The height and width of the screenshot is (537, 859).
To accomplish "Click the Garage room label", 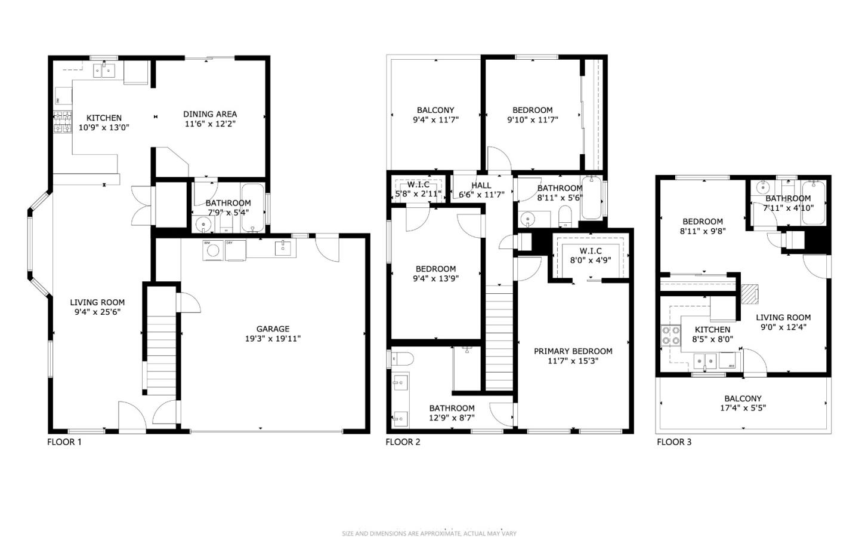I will click(273, 329).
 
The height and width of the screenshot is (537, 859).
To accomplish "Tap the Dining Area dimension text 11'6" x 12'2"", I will click(209, 124).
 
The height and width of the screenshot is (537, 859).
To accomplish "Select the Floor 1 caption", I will click(64, 442).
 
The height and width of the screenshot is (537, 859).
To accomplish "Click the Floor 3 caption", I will click(674, 442).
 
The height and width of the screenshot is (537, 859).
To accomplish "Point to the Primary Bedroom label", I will click(573, 351).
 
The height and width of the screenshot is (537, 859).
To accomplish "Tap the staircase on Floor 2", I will click(499, 337).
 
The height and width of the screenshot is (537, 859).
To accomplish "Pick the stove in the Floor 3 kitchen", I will click(671, 335).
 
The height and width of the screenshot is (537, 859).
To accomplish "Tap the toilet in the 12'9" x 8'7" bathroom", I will click(402, 359).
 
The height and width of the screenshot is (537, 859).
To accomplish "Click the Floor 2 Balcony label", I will click(435, 110).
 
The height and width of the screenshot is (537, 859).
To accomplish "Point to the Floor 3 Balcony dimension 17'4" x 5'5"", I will click(743, 409).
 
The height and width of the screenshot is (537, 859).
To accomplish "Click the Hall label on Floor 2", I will click(481, 185).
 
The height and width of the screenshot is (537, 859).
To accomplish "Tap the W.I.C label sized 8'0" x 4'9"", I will click(590, 251).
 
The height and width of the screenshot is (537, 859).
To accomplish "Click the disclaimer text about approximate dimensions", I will click(429, 533).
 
